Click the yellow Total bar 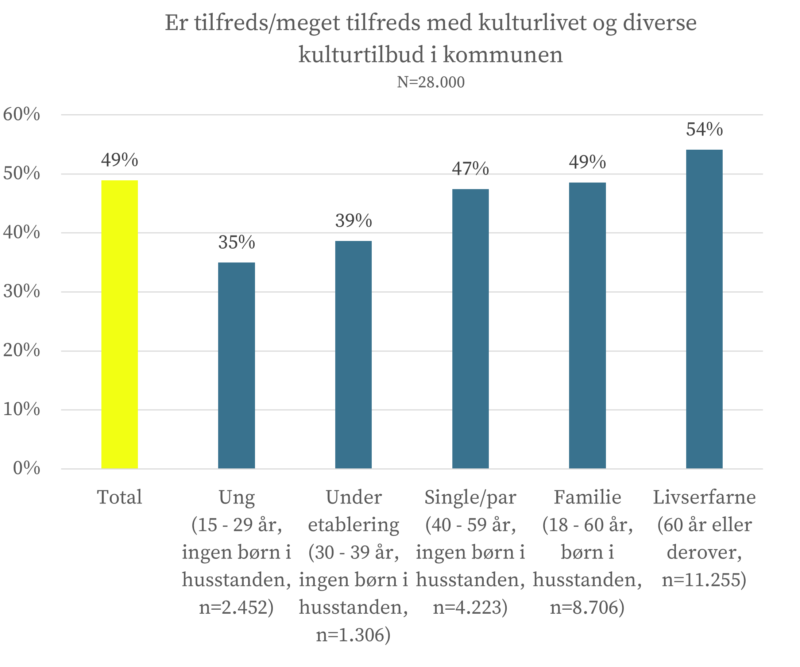point(120,324)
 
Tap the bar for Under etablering point(353,354)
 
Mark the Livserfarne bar point(704,309)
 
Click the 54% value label point(704,130)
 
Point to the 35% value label point(237,242)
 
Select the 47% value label point(471,168)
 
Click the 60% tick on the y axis point(21,114)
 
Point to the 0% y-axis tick point(26,468)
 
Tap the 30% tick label point(21,292)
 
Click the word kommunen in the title point(502,55)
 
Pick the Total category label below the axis point(120,497)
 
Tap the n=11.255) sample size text point(704,580)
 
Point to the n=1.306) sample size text point(353,635)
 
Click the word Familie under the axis point(587,497)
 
